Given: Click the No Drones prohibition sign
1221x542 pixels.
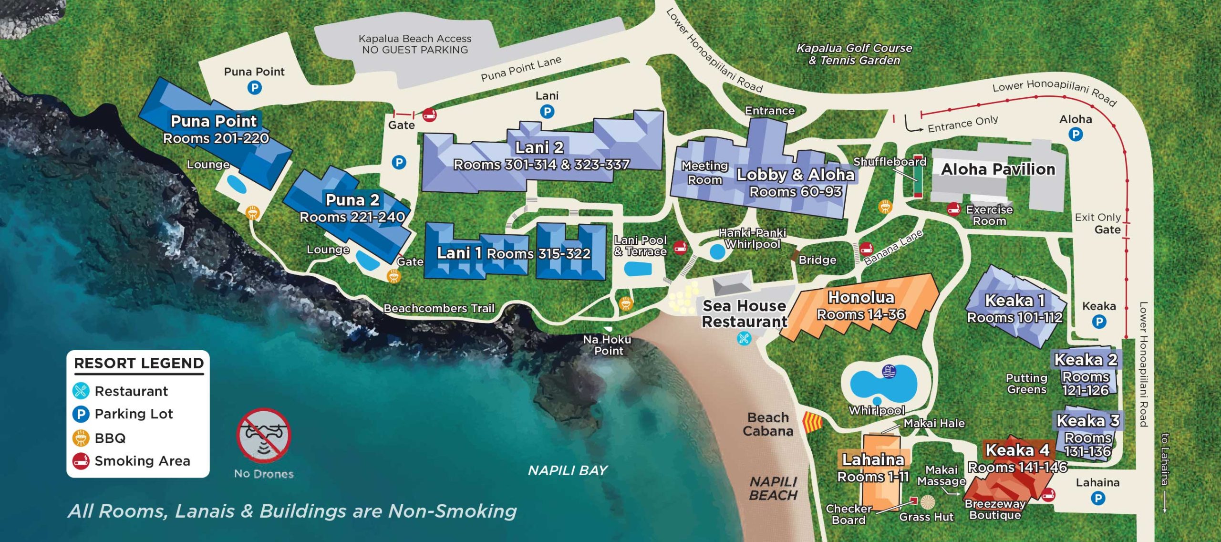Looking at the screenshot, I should click(263, 435).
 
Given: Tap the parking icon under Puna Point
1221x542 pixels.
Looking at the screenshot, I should click(254, 88).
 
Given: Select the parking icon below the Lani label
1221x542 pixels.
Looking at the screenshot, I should click(547, 112).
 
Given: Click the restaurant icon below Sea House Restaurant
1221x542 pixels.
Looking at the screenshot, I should click(744, 338).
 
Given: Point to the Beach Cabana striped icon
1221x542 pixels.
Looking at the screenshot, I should click(813, 423).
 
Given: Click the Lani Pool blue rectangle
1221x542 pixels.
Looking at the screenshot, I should click(638, 269).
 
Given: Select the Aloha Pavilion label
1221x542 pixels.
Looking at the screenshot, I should click(998, 169).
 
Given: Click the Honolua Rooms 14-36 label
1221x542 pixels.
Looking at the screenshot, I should click(861, 305).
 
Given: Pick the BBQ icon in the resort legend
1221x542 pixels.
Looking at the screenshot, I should click(81, 438).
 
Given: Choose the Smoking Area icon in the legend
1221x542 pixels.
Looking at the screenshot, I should click(81, 461).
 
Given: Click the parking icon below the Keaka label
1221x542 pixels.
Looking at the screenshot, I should click(1099, 322).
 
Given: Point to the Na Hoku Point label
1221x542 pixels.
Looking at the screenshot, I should click(607, 345).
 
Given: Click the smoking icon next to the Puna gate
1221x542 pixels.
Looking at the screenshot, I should click(429, 114).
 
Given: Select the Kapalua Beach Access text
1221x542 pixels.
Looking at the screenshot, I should click(414, 44).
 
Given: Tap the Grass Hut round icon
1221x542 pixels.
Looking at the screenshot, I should click(927, 502).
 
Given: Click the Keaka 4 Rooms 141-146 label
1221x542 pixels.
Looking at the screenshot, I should click(1017, 458).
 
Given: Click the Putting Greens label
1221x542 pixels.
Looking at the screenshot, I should click(1026, 384).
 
